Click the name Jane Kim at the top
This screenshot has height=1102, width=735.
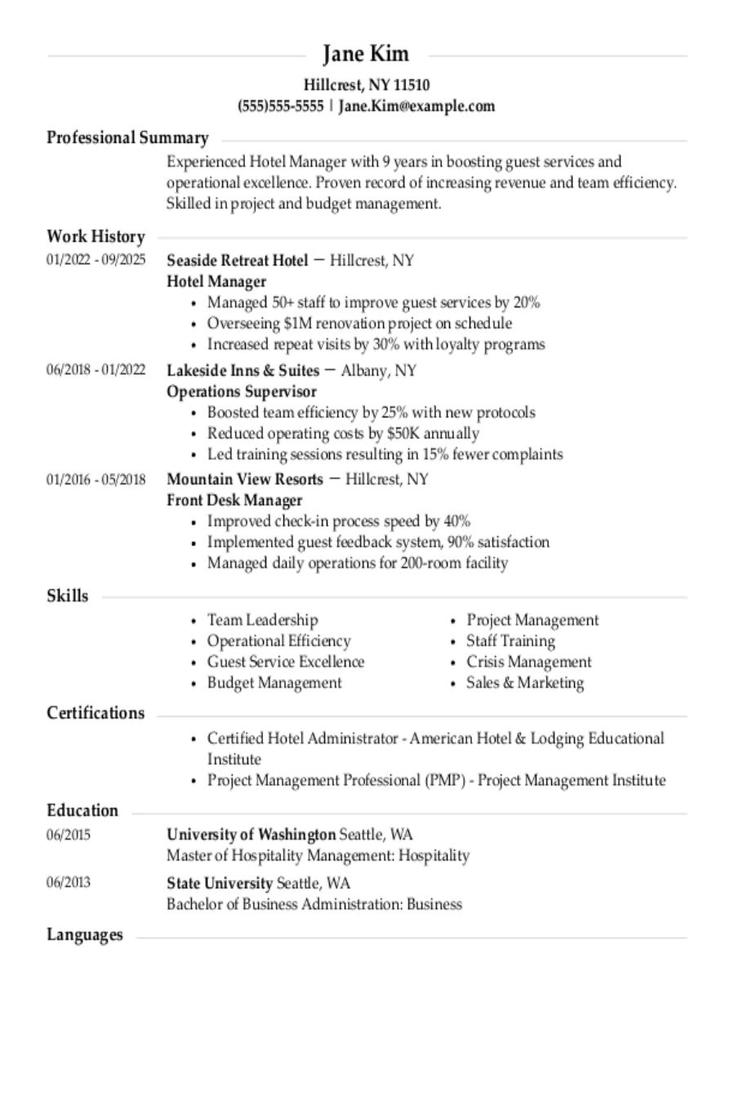[x=366, y=54]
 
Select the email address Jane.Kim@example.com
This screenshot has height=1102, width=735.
[x=416, y=105]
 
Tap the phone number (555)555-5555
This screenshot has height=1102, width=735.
[x=280, y=105]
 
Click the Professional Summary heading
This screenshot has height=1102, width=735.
[x=127, y=137]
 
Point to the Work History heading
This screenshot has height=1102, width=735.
[x=96, y=237]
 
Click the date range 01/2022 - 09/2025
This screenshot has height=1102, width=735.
[x=96, y=260]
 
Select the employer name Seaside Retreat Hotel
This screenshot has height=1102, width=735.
[x=237, y=260]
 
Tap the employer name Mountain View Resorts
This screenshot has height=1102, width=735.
[x=245, y=478]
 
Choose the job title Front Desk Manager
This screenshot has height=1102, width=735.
[x=234, y=500]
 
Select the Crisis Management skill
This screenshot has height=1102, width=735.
[x=528, y=661]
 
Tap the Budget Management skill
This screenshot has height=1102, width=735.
[x=274, y=682]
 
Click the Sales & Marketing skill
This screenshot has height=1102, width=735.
[x=525, y=682]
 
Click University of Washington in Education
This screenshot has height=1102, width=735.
[x=251, y=834]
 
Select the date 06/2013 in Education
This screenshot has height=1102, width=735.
[x=69, y=882]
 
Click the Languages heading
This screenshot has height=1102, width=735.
[x=85, y=935]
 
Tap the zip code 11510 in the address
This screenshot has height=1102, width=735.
[x=412, y=84]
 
